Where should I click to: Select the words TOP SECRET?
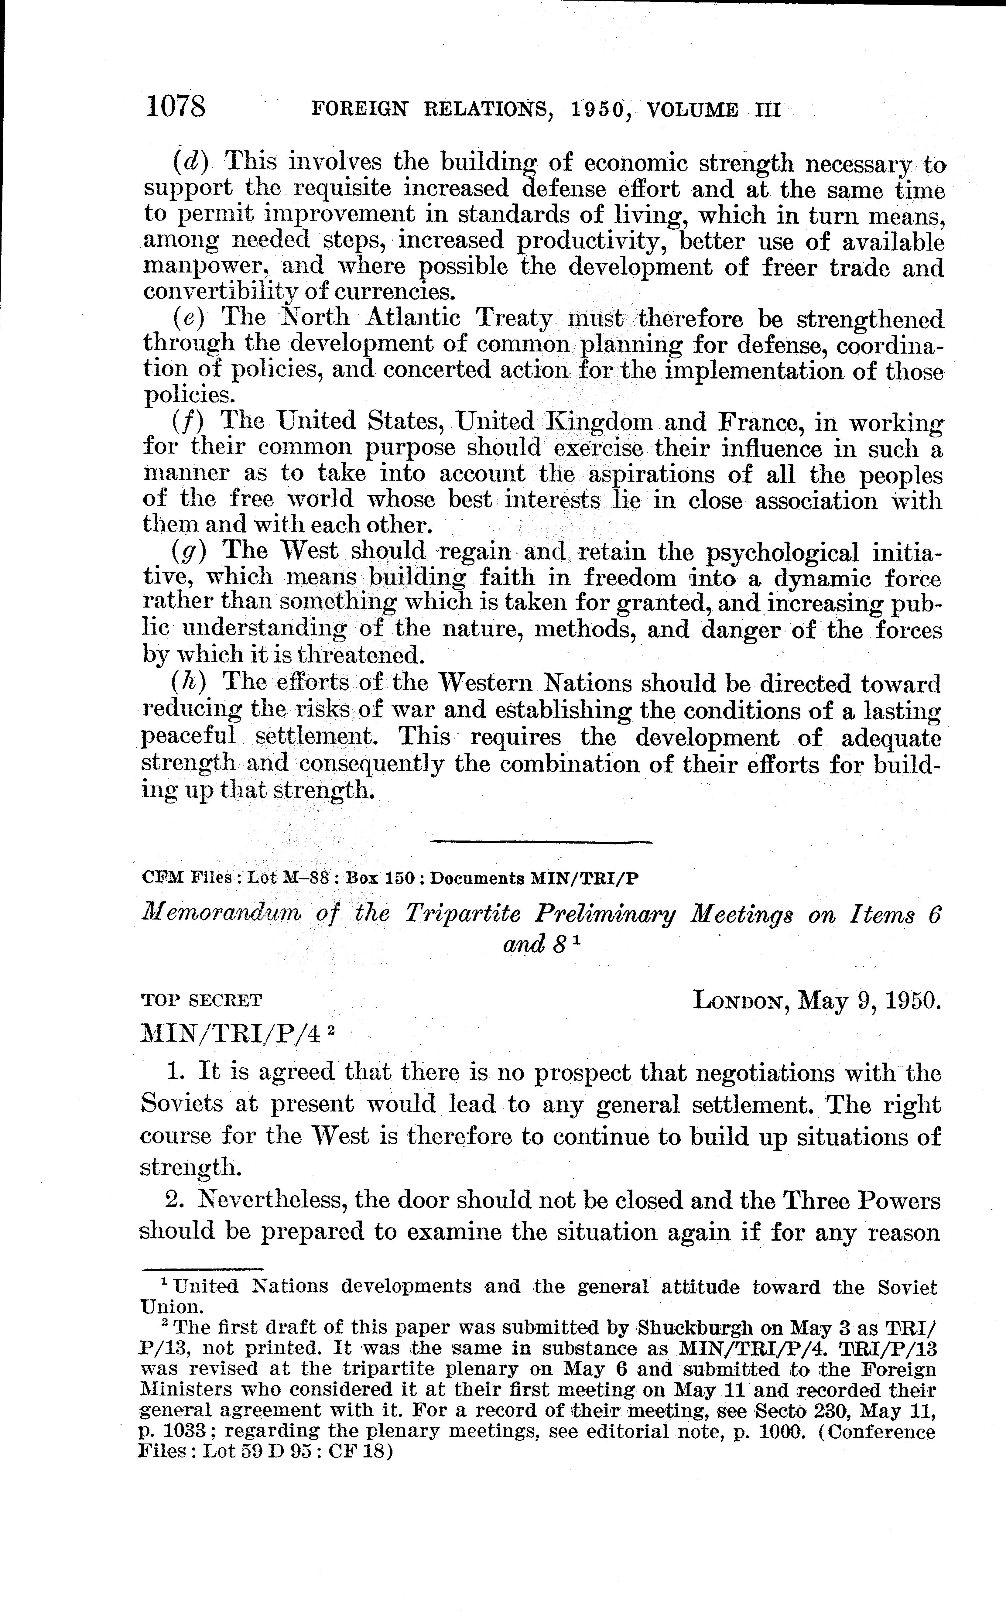pyautogui.click(x=202, y=1000)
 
